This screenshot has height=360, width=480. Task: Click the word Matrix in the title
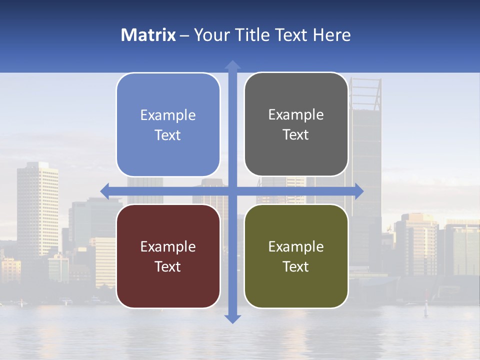point(148,35)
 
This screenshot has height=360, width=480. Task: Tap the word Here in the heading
point(332,35)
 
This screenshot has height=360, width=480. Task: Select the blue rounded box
point(168,124)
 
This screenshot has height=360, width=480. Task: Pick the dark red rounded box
point(168,256)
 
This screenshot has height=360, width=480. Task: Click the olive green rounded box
point(296,256)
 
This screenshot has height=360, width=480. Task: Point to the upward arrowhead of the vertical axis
point(232,65)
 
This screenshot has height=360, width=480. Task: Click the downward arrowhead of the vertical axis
point(232,318)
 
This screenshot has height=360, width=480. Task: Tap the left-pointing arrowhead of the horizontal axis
point(105,191)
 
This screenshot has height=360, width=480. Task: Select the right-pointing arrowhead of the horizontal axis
point(359,191)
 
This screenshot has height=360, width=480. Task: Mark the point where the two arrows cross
point(232,191)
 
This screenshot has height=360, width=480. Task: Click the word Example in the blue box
point(168,115)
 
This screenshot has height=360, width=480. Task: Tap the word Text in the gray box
point(296,135)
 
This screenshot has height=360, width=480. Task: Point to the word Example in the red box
point(168,246)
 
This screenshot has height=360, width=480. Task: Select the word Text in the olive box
point(296,266)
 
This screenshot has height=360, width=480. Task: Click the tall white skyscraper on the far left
point(37,210)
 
